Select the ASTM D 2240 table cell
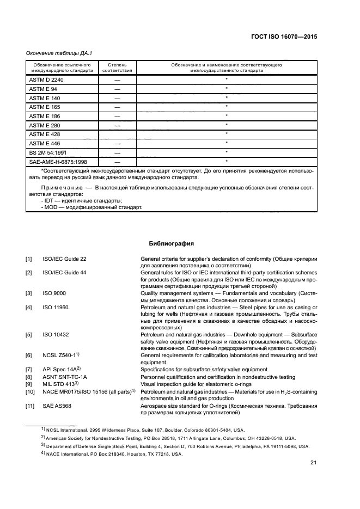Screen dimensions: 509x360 [42, 80]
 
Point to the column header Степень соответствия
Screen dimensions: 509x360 [117, 68]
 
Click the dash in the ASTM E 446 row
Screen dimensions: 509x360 [117, 143]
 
